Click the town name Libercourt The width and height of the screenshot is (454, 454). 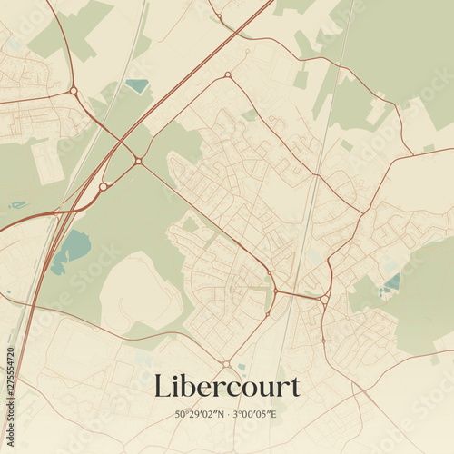coord(226,386)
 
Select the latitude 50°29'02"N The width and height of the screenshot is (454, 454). coord(200,414)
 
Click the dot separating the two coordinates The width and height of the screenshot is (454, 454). coord(228,414)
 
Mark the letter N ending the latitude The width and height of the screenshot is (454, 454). coord(220,414)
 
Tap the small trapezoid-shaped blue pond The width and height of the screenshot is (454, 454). coord(137,86)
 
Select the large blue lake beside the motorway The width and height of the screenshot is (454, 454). coord(73,247)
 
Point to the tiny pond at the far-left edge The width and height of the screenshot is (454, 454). coord(17,205)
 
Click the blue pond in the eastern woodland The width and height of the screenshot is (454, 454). coord(391,283)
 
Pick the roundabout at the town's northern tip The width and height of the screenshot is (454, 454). coord(227,74)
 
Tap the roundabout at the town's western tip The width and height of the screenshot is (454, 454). coord(138,161)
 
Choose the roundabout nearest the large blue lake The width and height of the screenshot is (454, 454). coord(104,186)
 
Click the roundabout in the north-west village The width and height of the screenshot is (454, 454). coord(74,90)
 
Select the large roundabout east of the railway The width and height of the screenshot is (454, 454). coord(324,298)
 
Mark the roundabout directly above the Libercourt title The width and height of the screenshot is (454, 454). coord(226,363)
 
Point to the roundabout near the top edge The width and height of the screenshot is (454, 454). coord(219,15)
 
